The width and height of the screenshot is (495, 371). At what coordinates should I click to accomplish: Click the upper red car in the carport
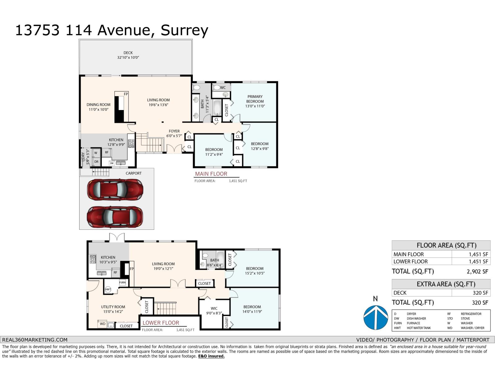[x=115, y=189]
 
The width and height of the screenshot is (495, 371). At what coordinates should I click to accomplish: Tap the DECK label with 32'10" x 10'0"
[x=128, y=55]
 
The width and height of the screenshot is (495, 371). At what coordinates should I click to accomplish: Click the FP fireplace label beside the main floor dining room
[x=126, y=94]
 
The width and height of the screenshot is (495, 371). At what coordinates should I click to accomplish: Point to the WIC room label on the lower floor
[x=214, y=308]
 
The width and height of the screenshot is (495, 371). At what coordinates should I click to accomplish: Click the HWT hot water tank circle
[x=108, y=290]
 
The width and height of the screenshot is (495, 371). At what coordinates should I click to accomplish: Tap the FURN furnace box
[x=123, y=283]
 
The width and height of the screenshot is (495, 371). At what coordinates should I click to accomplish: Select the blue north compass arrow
[x=375, y=317]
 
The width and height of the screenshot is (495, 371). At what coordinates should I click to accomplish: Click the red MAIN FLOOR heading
[x=211, y=174]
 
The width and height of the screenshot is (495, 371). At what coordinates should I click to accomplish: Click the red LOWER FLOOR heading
[x=161, y=323]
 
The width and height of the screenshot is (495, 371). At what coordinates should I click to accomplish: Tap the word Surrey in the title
[x=184, y=30]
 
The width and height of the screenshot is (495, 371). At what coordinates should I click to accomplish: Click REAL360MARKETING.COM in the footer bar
[x=35, y=339]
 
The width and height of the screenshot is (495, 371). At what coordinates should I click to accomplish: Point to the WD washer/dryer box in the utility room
[x=102, y=324]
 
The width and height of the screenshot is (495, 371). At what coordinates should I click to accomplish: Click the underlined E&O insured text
[x=211, y=356]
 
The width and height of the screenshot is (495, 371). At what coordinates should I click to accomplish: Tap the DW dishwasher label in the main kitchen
[x=112, y=163]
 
